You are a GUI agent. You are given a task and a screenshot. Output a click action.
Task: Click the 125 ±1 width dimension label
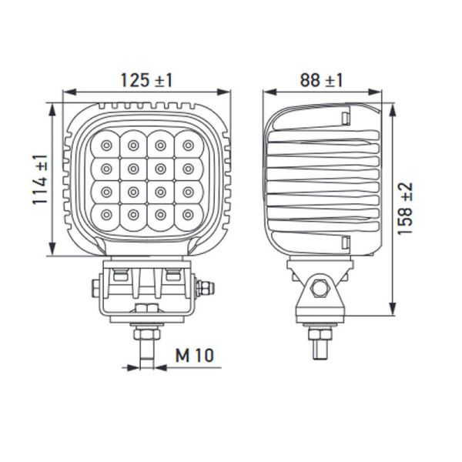[x=146, y=79]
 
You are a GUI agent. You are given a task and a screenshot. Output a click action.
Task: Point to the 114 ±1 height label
[x=40, y=179]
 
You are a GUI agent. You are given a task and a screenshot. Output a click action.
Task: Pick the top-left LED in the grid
[x=105, y=144]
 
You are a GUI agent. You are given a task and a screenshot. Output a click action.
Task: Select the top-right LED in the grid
[x=187, y=144]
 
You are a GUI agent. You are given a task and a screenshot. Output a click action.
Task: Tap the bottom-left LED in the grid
[x=105, y=215]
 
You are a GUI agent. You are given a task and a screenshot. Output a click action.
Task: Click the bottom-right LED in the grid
[x=187, y=215]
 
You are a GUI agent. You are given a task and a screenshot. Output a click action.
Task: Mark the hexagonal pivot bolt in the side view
[x=321, y=289]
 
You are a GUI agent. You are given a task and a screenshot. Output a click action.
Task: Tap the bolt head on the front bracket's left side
[x=95, y=289]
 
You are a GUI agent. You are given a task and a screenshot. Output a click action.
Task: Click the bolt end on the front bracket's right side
[x=205, y=289]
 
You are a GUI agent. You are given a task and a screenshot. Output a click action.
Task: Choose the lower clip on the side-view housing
[x=346, y=243]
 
